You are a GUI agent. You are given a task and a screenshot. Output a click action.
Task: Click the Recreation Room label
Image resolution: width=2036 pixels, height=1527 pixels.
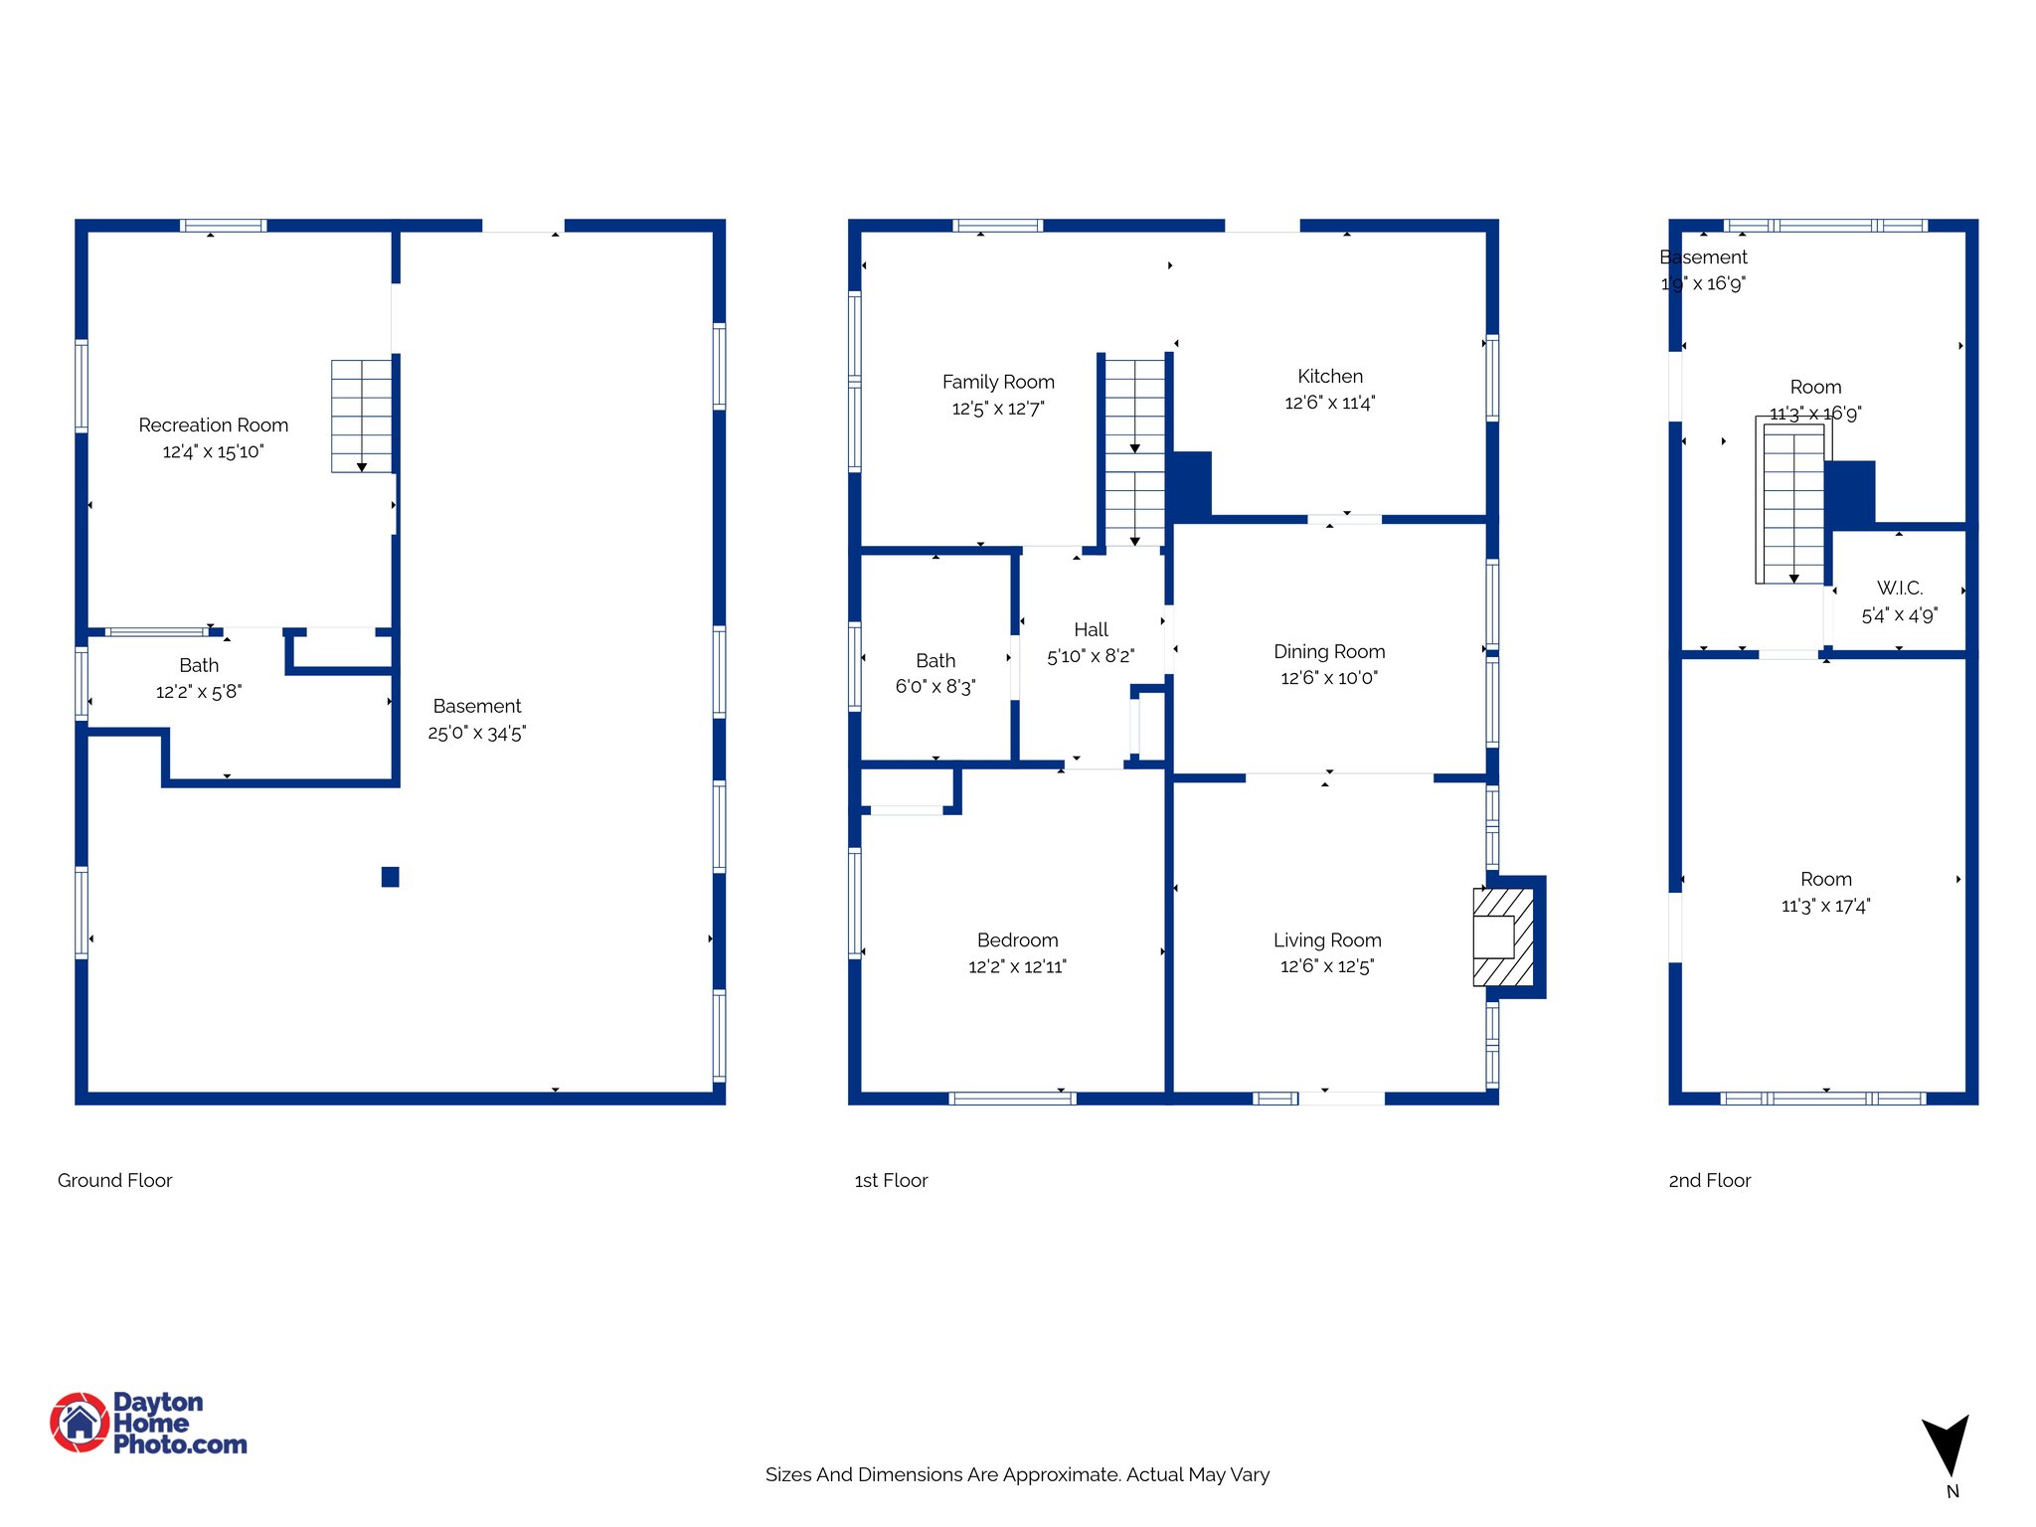213,425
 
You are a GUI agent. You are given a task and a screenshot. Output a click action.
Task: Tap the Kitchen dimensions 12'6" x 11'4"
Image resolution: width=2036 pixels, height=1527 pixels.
1329,403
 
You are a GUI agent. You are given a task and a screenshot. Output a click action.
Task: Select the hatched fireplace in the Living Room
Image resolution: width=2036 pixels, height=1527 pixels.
1502,936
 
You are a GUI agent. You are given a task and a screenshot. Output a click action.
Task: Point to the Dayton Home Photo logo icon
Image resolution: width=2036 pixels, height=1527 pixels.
80,1423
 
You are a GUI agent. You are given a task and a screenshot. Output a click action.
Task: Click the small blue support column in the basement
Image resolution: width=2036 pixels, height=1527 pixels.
390,877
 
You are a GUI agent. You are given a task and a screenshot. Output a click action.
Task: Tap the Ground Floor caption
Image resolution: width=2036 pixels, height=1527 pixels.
114,1180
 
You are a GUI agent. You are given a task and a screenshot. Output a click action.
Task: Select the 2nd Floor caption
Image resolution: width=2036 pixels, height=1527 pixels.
1709,1180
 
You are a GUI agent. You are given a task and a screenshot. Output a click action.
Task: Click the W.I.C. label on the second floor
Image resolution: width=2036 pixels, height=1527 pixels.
1899,589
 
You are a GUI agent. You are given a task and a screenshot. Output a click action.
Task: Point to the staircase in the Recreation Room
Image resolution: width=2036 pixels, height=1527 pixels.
361,416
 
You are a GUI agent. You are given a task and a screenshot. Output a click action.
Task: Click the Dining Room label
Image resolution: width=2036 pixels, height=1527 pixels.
1329,651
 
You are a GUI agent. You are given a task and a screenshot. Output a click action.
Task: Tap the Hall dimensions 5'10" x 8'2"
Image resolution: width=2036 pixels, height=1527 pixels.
1091,656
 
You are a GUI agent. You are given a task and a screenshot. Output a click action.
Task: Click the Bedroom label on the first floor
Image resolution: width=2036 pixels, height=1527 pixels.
1017,939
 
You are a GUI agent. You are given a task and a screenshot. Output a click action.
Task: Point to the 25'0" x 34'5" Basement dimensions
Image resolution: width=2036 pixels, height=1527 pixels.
476,734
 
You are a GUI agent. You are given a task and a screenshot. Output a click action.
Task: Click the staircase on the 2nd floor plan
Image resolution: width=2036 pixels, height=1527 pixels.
1792,504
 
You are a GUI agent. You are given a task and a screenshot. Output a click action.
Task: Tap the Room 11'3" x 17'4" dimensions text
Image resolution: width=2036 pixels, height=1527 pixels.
1825,906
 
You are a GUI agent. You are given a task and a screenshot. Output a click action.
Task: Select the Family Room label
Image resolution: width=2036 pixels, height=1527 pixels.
998,382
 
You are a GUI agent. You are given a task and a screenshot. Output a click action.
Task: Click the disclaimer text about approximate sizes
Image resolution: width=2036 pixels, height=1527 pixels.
1017,1474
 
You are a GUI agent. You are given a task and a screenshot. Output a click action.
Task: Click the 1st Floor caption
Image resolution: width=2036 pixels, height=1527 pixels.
891,1180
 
